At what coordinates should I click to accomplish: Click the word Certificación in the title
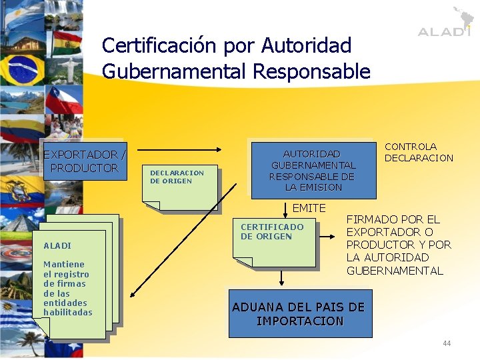point(158,45)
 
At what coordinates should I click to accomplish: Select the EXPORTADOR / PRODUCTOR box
point(84,161)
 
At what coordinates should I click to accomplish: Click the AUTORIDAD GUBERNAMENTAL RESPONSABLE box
point(311,170)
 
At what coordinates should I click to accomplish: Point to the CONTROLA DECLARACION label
point(419,152)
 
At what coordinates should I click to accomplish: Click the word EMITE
point(309,209)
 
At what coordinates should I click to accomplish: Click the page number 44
point(446,343)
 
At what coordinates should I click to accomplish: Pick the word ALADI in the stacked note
point(57,245)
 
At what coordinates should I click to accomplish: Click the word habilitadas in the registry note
point(68,312)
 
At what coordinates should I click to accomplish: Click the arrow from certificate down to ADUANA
point(281,278)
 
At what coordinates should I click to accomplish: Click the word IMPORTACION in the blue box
point(300,321)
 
